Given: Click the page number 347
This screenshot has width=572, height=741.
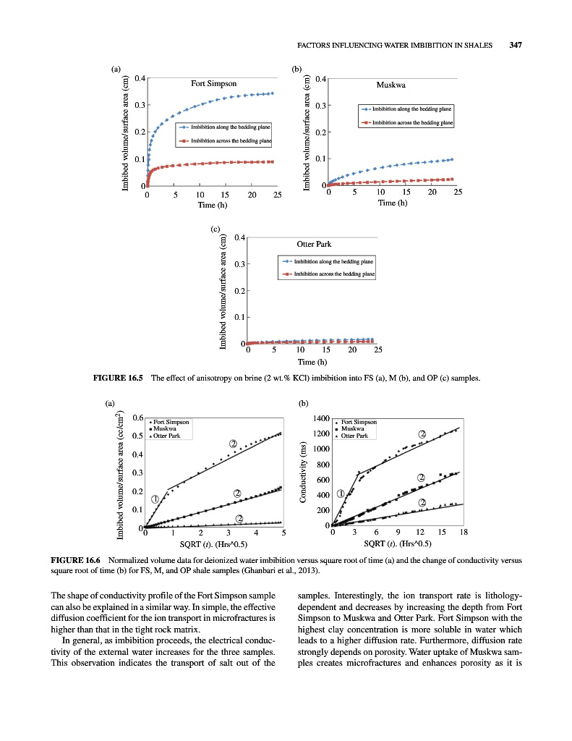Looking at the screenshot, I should coord(515,45).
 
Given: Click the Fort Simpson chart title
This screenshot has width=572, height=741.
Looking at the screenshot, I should coord(213,83).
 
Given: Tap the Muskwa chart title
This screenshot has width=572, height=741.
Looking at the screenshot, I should coord(390,85).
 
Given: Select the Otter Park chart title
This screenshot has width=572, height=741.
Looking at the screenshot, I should coord(314,244).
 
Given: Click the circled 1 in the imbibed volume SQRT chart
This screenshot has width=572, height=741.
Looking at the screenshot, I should coord(155,499).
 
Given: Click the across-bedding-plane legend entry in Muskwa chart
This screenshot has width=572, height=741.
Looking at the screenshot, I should coord(412,123).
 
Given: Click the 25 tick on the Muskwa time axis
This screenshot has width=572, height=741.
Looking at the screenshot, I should coord(457,192).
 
